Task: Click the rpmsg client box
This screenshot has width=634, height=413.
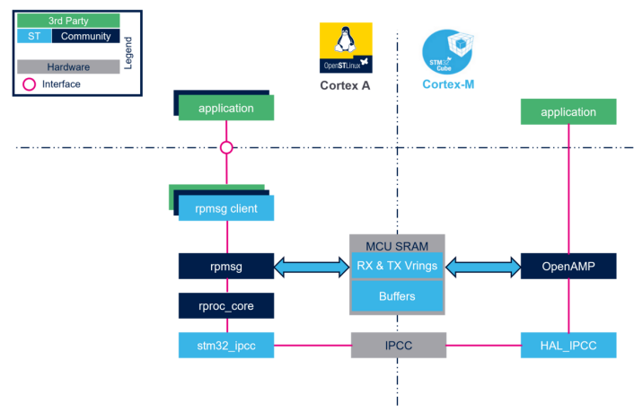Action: click(225, 209)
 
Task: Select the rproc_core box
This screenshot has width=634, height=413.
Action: click(225, 306)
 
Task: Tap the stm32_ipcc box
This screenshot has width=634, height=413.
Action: click(225, 345)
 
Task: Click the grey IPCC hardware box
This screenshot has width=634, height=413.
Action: click(397, 345)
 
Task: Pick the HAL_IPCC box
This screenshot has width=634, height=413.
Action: click(568, 345)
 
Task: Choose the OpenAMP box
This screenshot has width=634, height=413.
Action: click(568, 266)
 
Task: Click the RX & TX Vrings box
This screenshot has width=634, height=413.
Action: click(397, 266)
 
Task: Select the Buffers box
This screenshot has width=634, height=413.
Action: click(397, 295)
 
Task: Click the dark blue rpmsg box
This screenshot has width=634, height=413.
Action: click(225, 266)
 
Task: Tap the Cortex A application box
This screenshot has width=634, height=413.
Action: click(225, 109)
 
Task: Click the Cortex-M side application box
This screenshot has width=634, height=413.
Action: click(568, 112)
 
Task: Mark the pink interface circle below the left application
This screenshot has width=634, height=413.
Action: click(226, 147)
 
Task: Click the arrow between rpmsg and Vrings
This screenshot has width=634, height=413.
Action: click(311, 266)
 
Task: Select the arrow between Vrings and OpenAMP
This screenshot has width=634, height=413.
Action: click(483, 266)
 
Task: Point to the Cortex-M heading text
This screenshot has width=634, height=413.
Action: click(448, 85)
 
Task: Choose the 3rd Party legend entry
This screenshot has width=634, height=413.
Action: click(67, 21)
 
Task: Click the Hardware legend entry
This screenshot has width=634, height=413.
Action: click(67, 66)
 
